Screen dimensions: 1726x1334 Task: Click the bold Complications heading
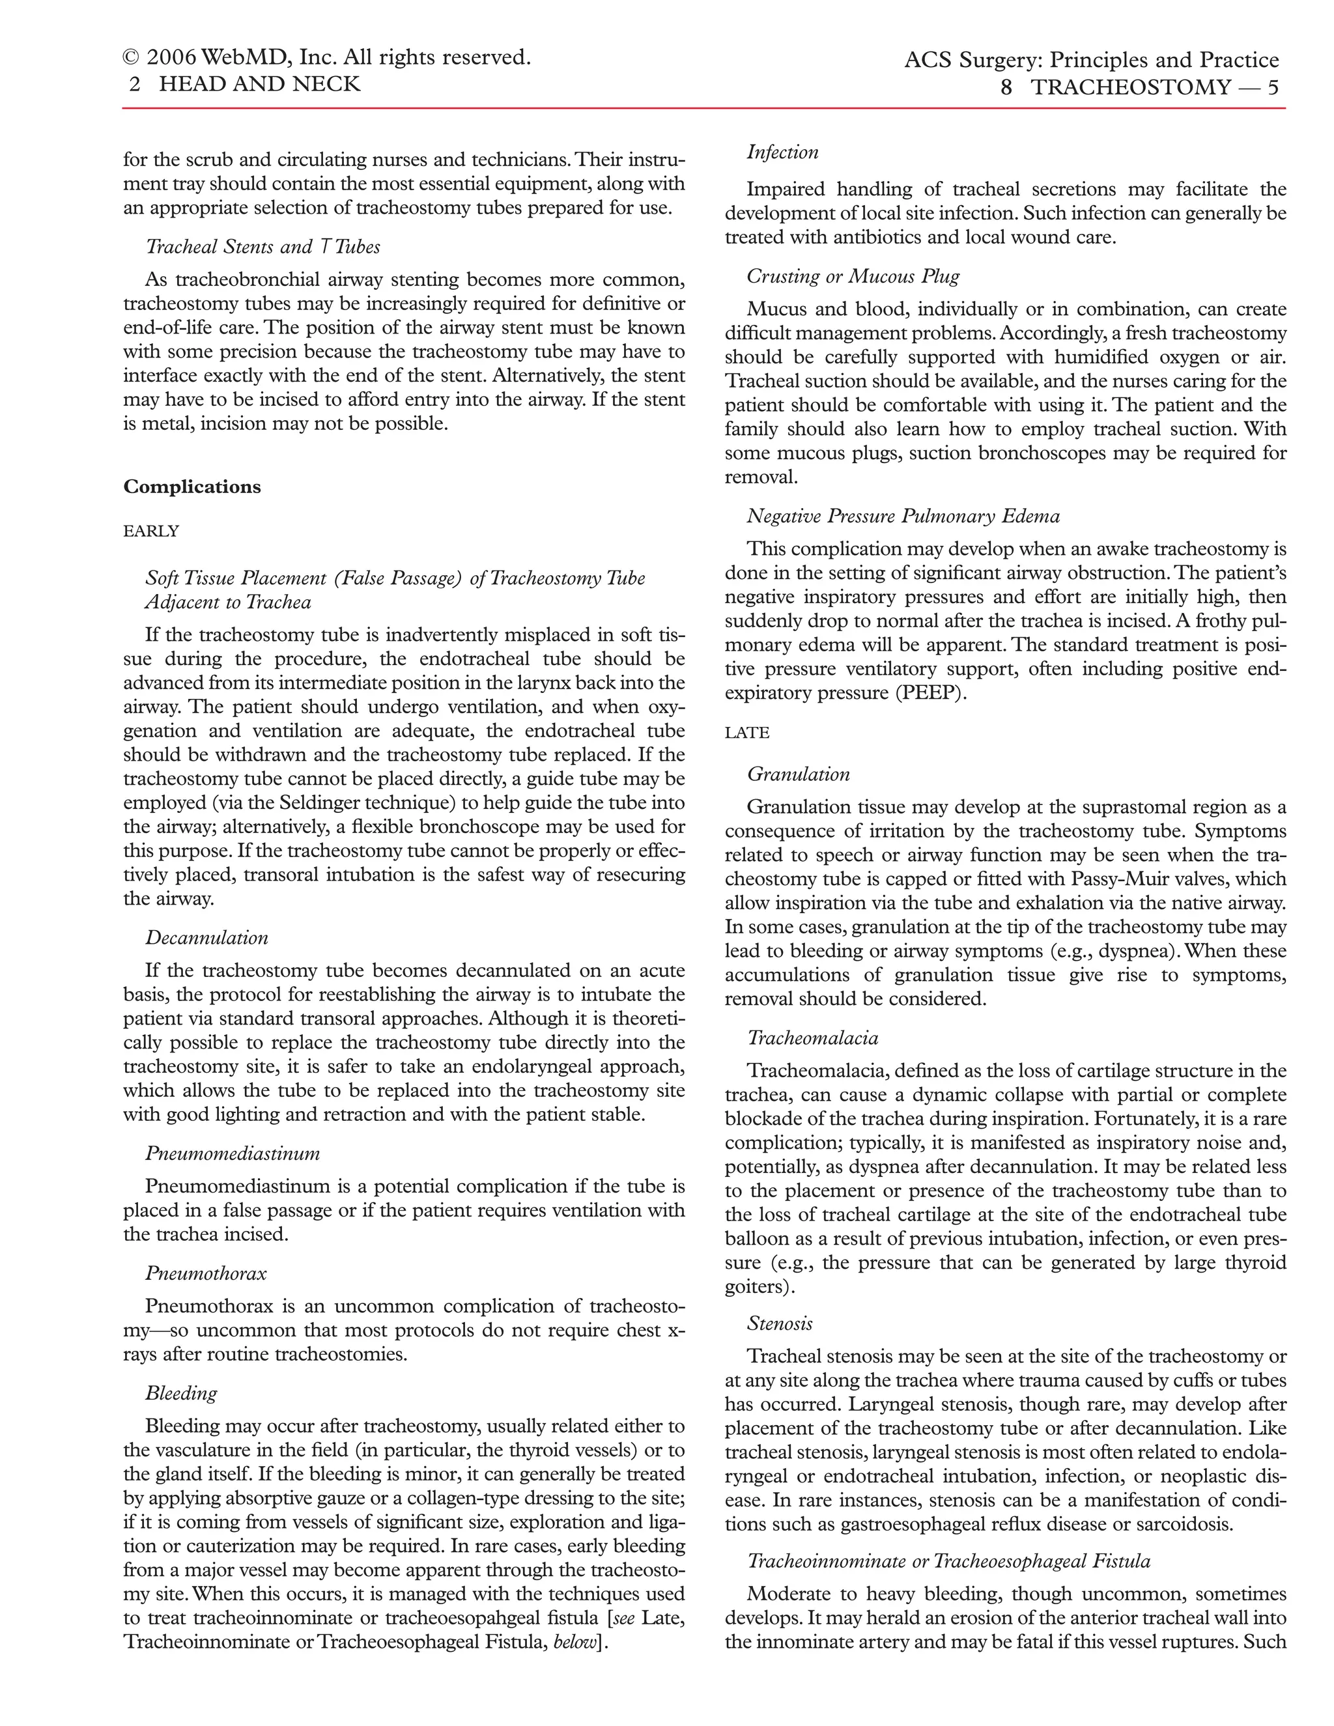click(x=192, y=487)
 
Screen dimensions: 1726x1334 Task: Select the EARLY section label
click(x=152, y=531)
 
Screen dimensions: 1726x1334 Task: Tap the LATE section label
click(x=747, y=733)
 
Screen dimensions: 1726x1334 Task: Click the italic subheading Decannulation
click(x=206, y=938)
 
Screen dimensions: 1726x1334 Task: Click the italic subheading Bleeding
click(x=181, y=1393)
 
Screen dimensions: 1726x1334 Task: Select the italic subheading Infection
click(x=782, y=152)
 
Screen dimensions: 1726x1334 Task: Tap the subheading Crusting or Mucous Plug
click(x=853, y=277)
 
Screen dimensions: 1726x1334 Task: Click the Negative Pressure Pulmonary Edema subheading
click(x=903, y=517)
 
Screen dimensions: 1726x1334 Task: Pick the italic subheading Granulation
click(x=798, y=774)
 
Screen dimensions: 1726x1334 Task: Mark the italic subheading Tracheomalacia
click(x=812, y=1038)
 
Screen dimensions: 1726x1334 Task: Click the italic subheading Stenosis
click(x=779, y=1323)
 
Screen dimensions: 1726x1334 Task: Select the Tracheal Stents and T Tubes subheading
click(x=263, y=248)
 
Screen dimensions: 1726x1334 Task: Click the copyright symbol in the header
click(x=131, y=59)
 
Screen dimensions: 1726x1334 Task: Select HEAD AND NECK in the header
click(x=259, y=84)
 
